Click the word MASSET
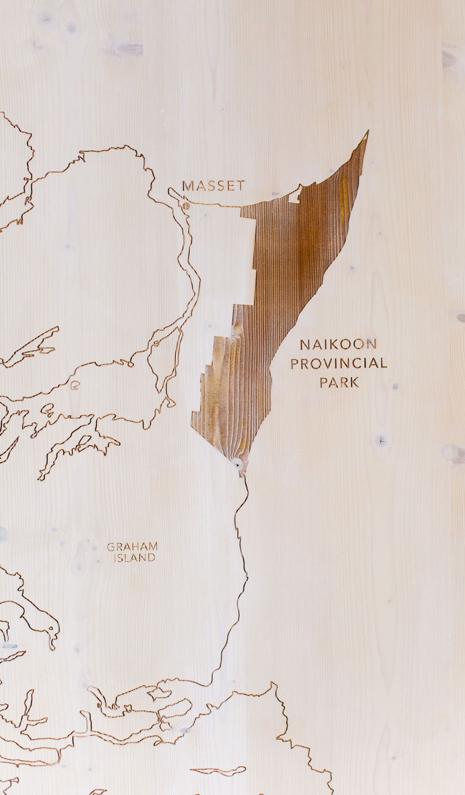(x=213, y=186)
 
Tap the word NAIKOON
(x=338, y=344)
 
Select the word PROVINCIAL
(x=339, y=363)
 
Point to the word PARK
(x=339, y=382)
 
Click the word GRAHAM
(x=132, y=546)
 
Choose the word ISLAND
(x=134, y=558)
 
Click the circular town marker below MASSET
(x=186, y=206)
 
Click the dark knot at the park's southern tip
(x=238, y=464)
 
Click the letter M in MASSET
(x=188, y=186)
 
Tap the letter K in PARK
(x=354, y=382)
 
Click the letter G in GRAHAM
(x=111, y=546)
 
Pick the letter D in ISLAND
(x=151, y=558)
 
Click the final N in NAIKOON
(x=371, y=344)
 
